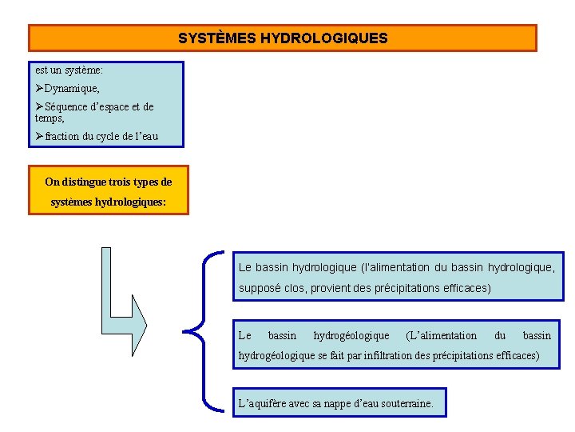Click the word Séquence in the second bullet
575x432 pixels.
68,106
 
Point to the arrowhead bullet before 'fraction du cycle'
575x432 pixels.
40,136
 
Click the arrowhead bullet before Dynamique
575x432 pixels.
40,89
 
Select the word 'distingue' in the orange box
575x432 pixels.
83,182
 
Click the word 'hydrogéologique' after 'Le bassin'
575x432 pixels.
351,336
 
